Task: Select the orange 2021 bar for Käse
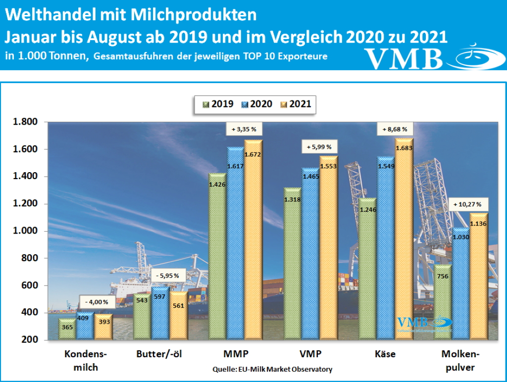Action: [398, 239]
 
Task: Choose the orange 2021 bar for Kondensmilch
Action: [104, 327]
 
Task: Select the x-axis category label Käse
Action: [385, 354]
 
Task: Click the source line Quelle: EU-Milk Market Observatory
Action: [272, 369]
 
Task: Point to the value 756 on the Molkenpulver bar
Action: [443, 276]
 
